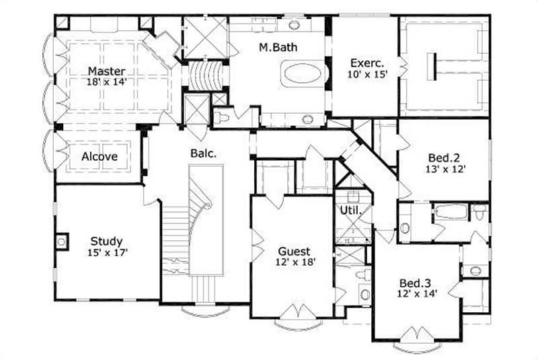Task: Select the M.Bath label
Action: tap(279, 47)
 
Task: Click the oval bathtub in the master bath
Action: tap(302, 73)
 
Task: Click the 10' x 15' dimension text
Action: tap(369, 75)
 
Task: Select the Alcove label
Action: tap(100, 157)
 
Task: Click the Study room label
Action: tap(106, 241)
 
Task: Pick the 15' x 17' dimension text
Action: tap(108, 252)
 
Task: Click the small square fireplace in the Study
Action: tap(62, 241)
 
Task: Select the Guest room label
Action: tap(294, 251)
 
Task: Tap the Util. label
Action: tap(352, 211)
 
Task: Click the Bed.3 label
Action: tap(414, 282)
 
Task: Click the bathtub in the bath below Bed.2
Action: tap(450, 211)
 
